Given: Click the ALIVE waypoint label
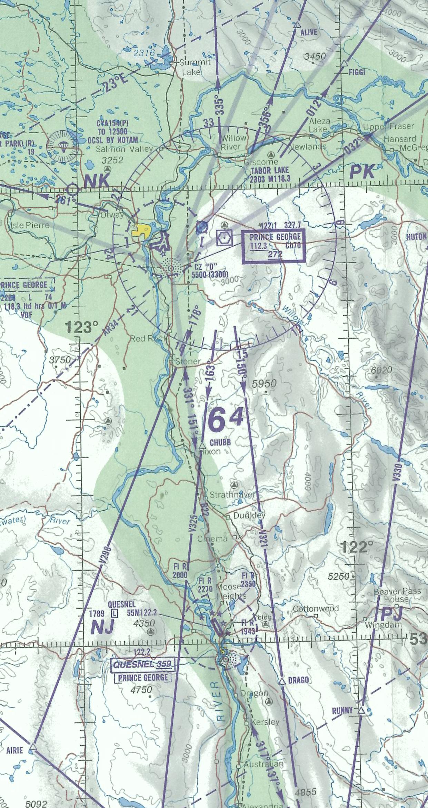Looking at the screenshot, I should click(308, 32).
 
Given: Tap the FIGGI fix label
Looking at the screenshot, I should click(357, 72).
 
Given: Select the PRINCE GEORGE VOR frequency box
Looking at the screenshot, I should click(273, 246).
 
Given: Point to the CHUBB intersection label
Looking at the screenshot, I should click(220, 442).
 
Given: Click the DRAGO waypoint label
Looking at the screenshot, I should click(298, 680).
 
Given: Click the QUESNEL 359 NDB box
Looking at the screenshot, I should click(142, 664).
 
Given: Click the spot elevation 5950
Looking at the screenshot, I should click(264, 383).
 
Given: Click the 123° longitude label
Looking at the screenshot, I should click(81, 327).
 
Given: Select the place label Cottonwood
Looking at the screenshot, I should click(316, 609).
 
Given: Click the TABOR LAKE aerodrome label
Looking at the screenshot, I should click(270, 170).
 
